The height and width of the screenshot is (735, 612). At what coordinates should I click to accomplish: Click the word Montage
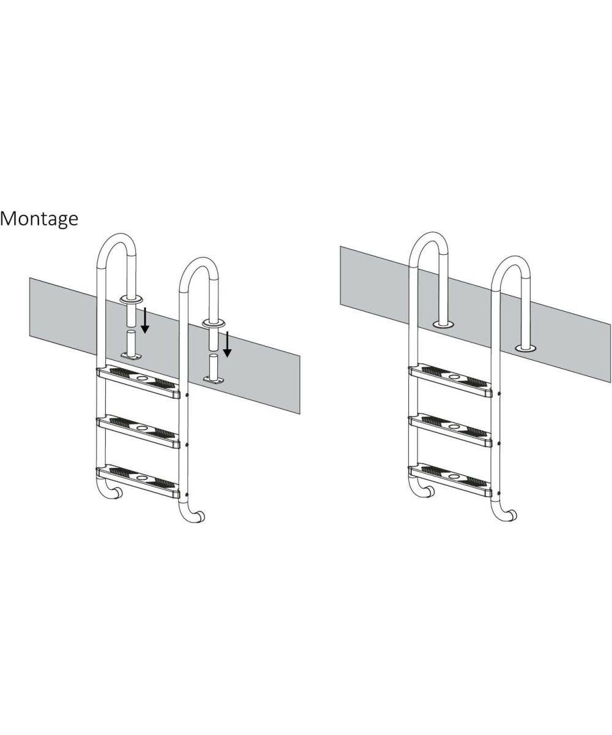click(39, 219)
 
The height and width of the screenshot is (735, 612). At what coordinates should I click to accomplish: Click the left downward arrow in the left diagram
click(145, 320)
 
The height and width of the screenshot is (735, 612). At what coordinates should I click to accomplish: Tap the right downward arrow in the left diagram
click(227, 344)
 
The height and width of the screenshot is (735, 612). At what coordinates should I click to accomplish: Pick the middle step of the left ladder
click(138, 432)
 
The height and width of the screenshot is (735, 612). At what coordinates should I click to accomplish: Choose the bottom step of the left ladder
click(138, 482)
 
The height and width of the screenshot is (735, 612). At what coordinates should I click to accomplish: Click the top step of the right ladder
click(450, 381)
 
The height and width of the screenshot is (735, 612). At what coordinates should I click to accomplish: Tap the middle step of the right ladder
click(450, 431)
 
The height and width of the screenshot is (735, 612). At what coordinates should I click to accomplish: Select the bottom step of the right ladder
click(450, 481)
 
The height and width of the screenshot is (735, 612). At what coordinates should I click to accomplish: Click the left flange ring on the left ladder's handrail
click(131, 300)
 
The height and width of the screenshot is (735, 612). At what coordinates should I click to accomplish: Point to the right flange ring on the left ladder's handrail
click(214, 323)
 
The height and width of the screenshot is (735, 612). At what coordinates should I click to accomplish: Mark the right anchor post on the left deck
click(214, 369)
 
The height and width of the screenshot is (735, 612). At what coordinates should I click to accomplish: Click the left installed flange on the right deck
click(443, 324)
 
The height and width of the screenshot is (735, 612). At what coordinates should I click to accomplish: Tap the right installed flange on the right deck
click(526, 349)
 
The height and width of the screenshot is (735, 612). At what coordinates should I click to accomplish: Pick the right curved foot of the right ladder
click(505, 516)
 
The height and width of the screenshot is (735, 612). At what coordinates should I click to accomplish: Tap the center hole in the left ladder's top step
click(142, 379)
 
